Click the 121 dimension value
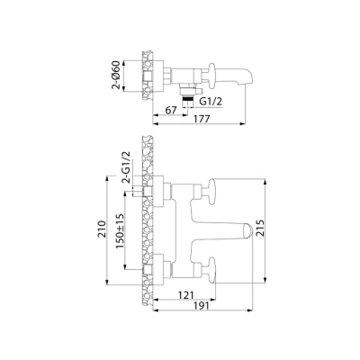coord(183,295)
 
